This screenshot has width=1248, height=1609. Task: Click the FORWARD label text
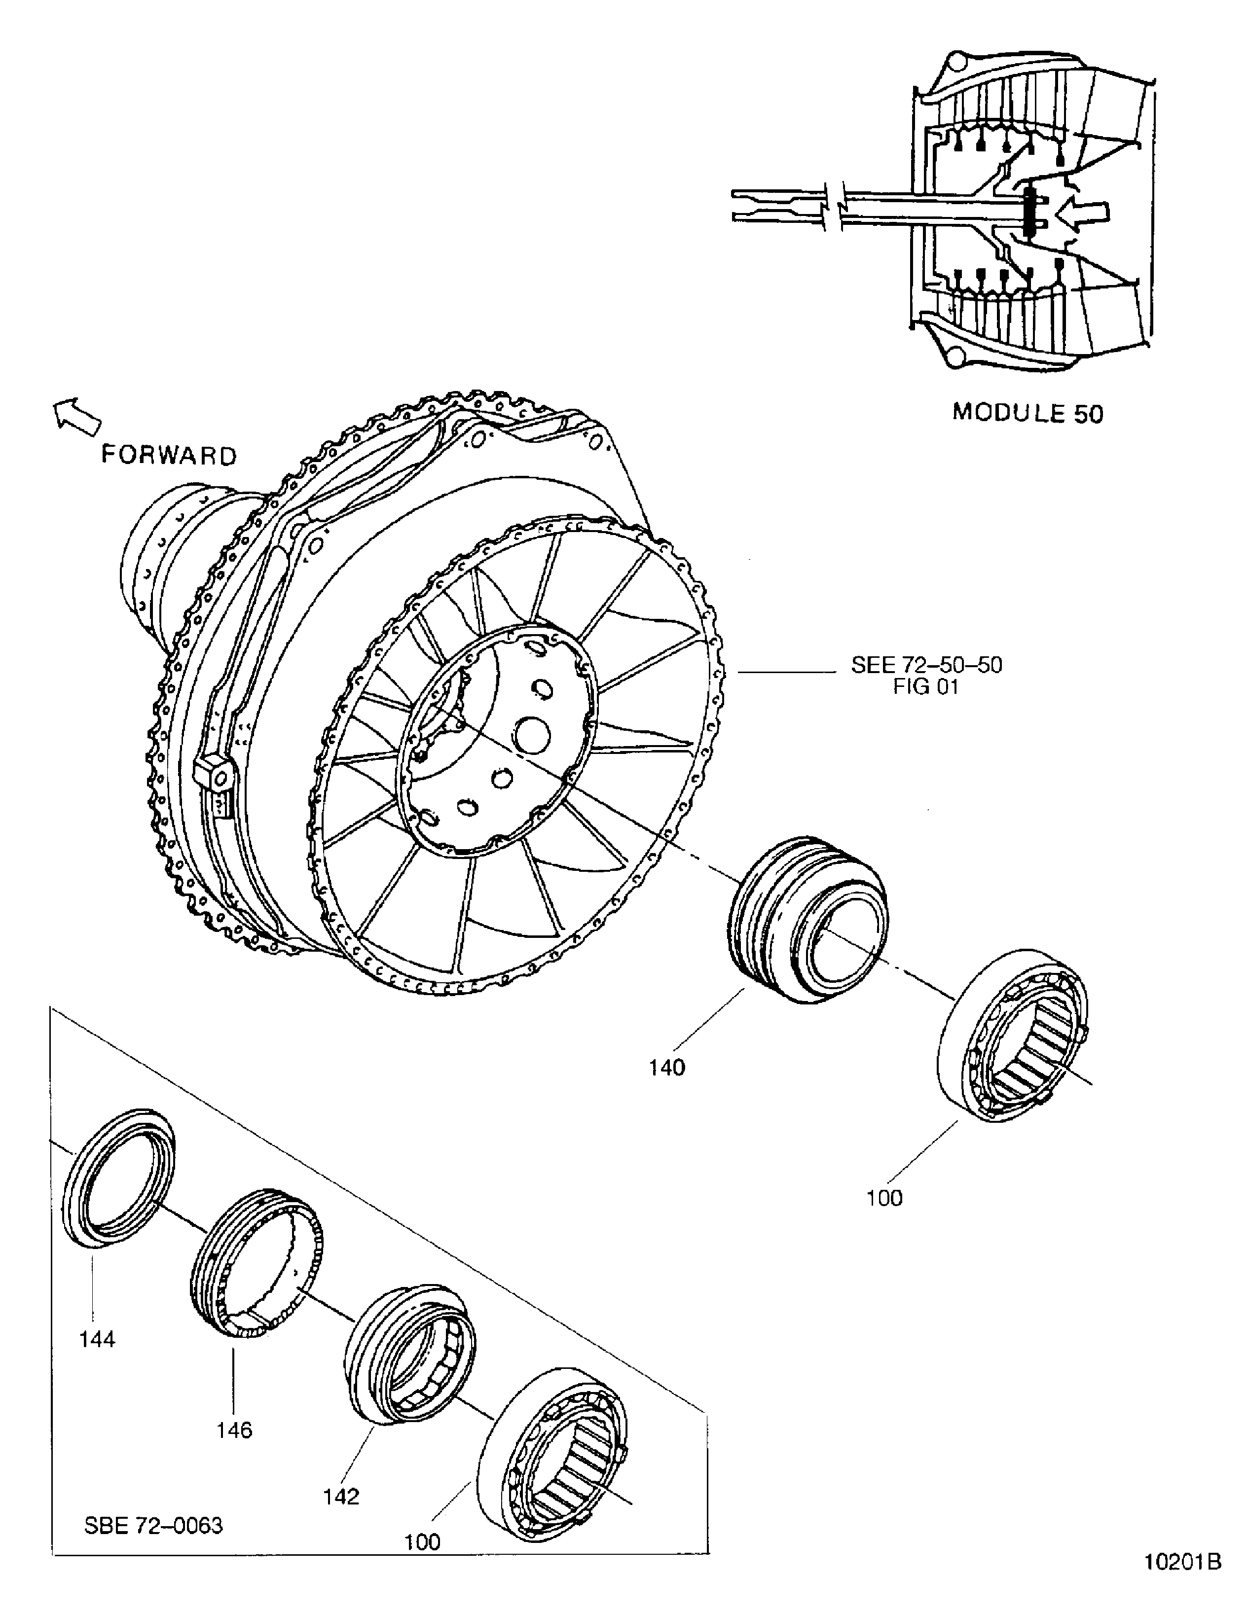[169, 455]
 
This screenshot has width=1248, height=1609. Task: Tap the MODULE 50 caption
[1028, 413]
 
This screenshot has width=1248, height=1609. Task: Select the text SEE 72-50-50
[926, 665]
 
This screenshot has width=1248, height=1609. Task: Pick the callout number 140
[666, 1068]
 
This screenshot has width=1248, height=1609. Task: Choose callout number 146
[234, 1430]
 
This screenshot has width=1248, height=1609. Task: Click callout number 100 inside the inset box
[422, 1542]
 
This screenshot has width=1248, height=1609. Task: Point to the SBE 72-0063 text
[153, 1525]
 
